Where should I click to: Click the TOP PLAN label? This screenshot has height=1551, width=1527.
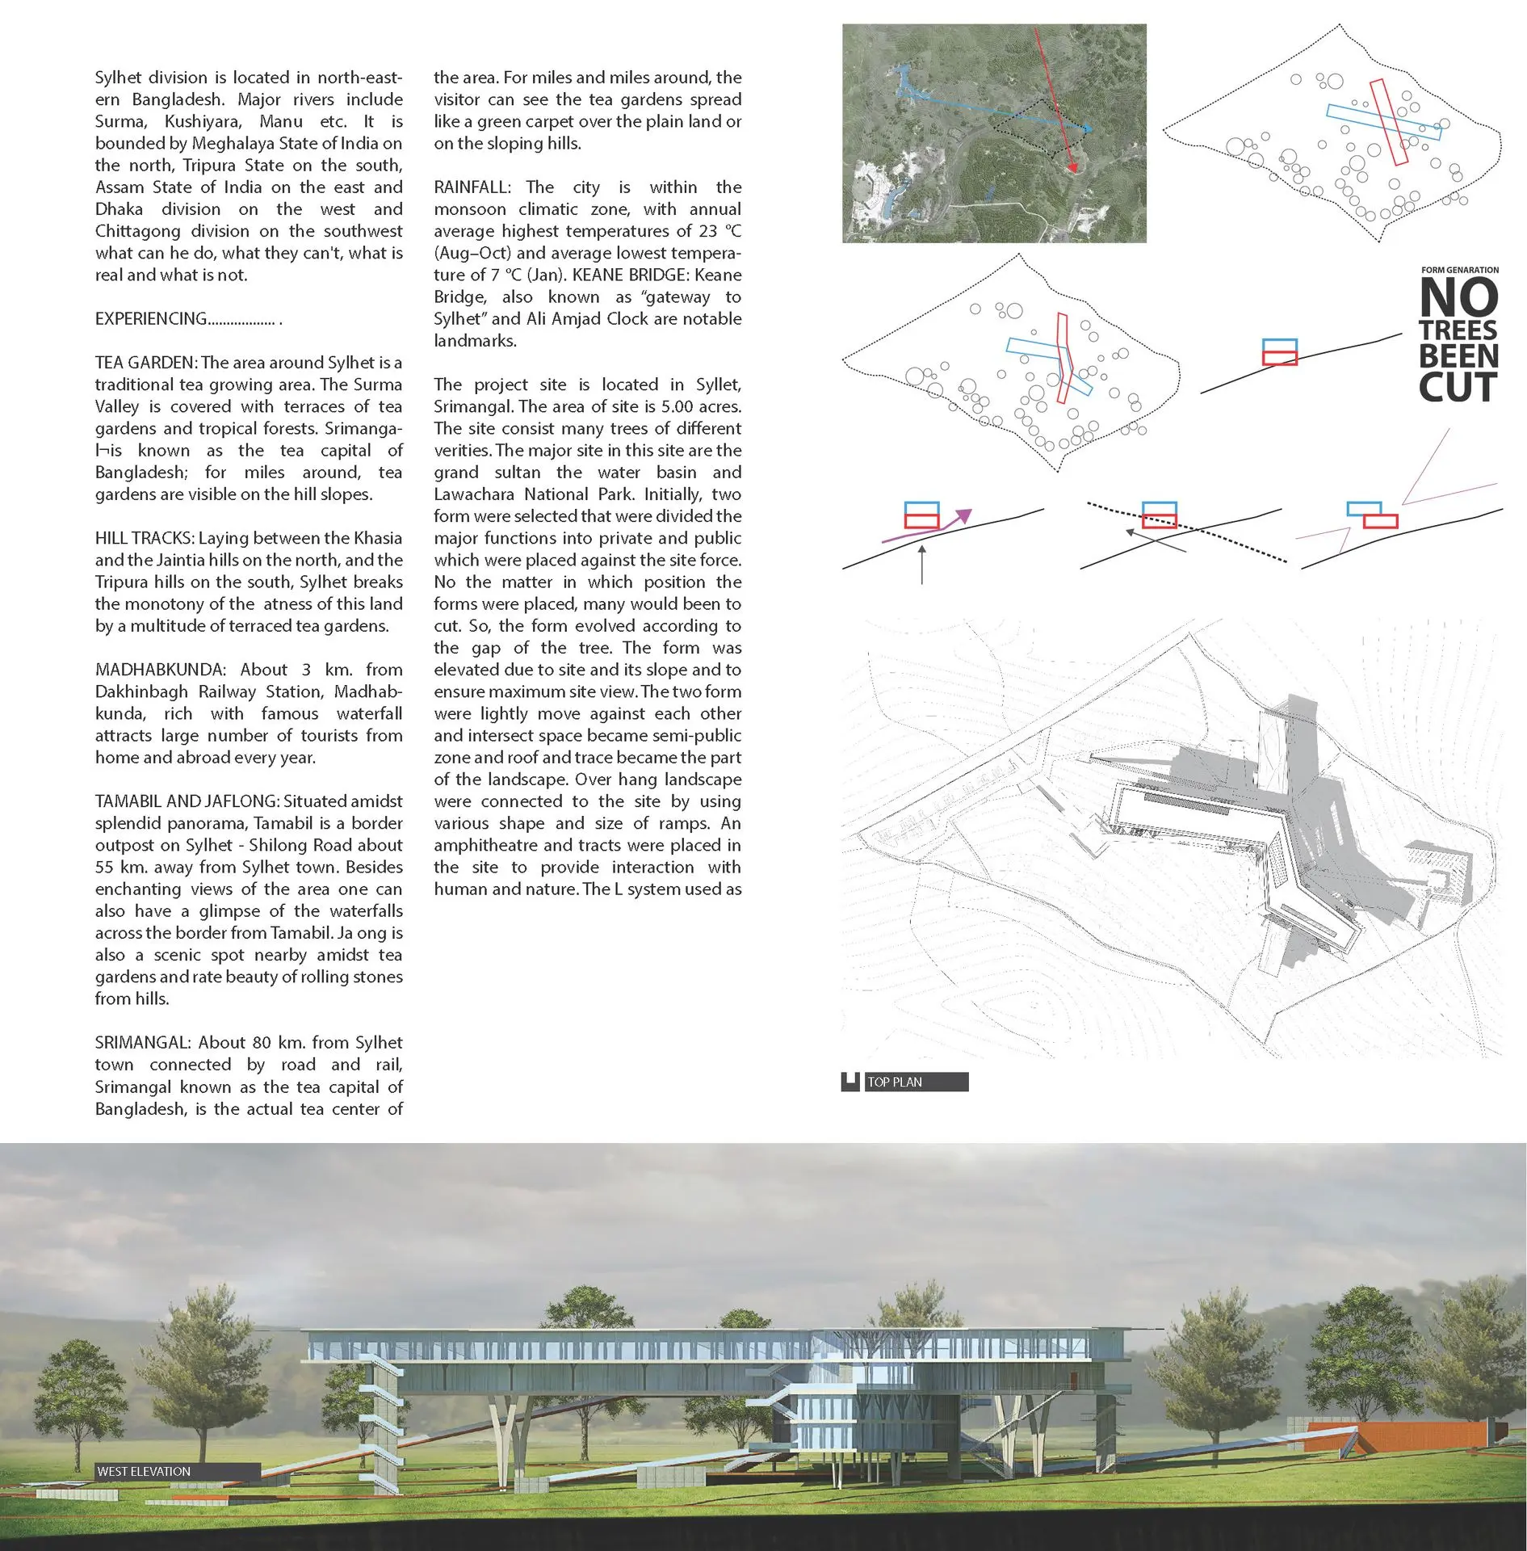(x=895, y=1082)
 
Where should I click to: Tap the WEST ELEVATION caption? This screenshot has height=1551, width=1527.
(x=144, y=1471)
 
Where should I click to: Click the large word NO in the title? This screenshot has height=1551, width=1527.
(x=1458, y=298)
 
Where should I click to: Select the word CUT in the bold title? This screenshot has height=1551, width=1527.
(x=1458, y=388)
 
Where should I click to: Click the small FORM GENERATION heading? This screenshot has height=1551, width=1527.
(x=1460, y=270)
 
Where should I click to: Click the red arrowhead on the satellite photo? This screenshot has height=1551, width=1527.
(x=1072, y=166)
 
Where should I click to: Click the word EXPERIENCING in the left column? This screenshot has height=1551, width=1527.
(x=151, y=319)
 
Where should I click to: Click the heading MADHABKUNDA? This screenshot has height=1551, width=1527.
(x=159, y=670)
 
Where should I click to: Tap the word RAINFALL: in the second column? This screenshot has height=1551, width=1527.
(x=472, y=187)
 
